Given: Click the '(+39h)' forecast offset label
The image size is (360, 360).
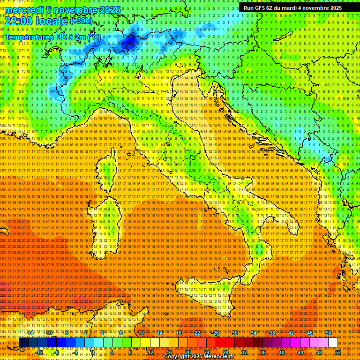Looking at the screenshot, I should tap(81, 21).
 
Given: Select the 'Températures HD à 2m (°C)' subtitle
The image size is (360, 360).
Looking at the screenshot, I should tap(52, 37).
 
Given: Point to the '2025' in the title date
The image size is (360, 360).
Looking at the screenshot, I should tap(110, 10).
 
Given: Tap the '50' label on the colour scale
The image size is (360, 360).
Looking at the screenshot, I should tap(328, 333).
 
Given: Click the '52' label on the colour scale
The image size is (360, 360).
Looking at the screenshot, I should tap(337, 352).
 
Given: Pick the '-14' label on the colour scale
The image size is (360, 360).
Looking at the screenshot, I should tap(30, 333).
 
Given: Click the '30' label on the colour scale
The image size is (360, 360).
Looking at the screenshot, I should tap(234, 333).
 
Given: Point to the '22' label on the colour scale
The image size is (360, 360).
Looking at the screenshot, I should tap(197, 333).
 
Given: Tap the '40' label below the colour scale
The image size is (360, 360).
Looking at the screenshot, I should tap(281, 352).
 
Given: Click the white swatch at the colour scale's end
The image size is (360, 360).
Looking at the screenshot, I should tap(333, 343).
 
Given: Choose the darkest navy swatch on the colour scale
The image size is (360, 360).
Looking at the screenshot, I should tap(23, 343).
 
